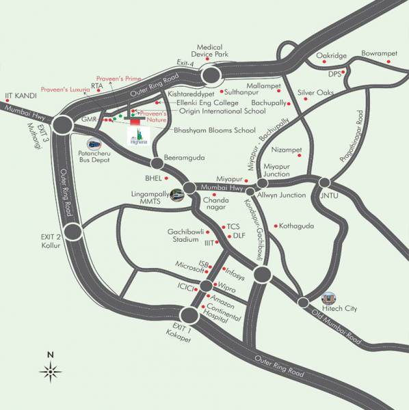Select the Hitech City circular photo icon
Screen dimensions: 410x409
[329, 298]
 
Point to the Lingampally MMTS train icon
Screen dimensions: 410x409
[176, 194]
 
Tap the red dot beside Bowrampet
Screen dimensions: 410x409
[389, 61]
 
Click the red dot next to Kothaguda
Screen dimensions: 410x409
[275, 225]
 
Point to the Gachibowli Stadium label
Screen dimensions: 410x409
[187, 236]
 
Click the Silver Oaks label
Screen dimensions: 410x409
[315, 92]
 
